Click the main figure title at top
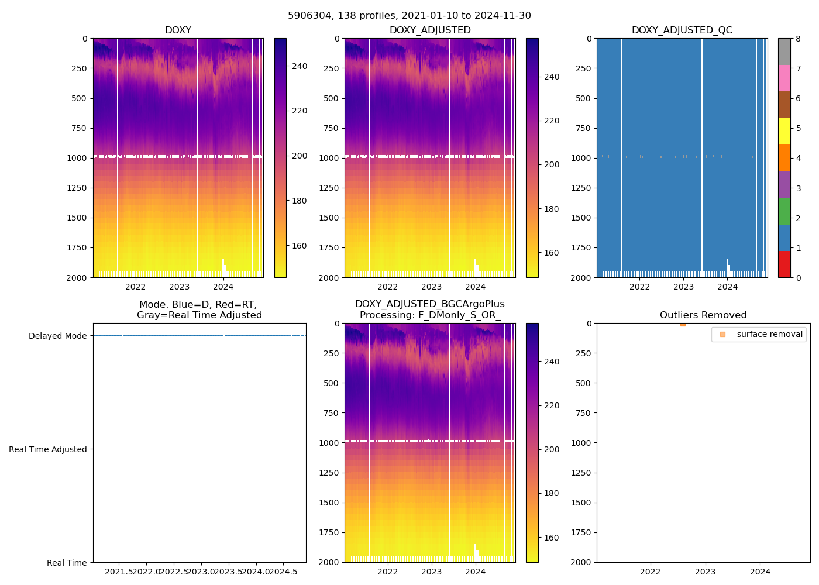pos(409,16)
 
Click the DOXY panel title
pos(178,30)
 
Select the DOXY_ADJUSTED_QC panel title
pos(682,30)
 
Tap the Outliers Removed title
pos(703,315)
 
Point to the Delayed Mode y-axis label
pos(57,336)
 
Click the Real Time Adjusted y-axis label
pos(48,449)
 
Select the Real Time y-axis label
pos(67,563)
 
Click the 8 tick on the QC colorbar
pos(799,39)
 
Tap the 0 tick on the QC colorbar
pos(799,277)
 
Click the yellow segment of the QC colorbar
pos(784,132)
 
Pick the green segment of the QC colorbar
pos(784,211)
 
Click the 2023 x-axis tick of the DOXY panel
pos(180,287)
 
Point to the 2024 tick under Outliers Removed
pos(760,572)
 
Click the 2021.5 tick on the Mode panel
pos(119,572)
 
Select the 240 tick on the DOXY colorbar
pos(300,66)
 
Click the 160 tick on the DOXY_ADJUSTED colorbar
pos(552,253)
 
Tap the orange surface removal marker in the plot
pos(683,324)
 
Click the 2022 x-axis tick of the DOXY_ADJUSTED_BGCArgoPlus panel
pos(387,572)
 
